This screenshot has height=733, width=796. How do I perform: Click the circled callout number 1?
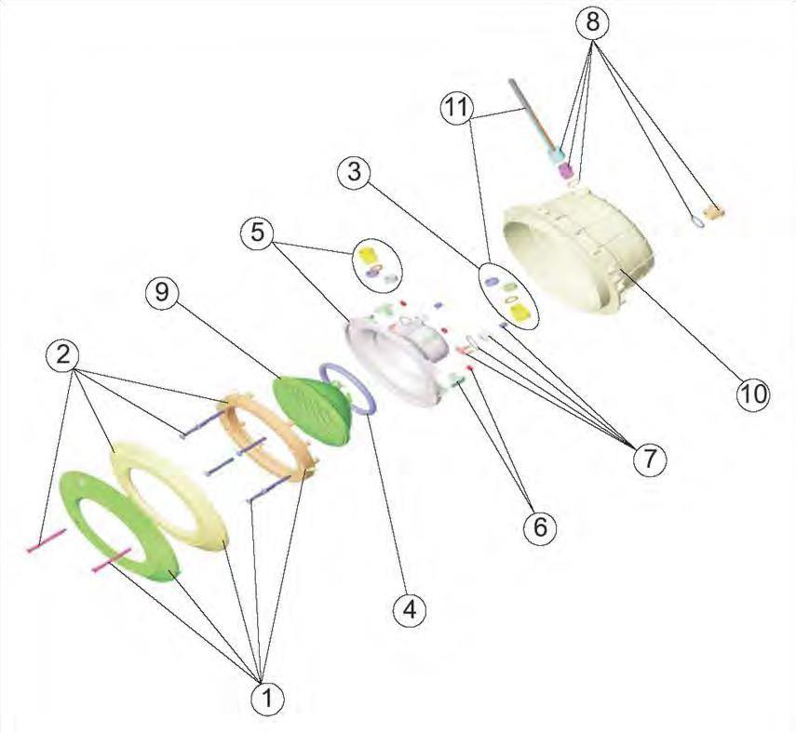(x=267, y=700)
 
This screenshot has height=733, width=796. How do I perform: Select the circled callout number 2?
(x=62, y=355)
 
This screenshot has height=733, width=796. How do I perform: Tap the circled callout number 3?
(x=355, y=171)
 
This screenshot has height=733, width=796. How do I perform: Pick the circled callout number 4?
(x=410, y=609)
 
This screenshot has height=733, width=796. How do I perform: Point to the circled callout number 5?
(x=257, y=233)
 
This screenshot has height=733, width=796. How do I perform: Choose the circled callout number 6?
(x=540, y=527)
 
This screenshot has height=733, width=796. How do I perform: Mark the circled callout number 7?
(x=649, y=460)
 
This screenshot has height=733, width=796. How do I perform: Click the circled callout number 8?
(x=593, y=22)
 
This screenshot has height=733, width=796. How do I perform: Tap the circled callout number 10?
(x=753, y=393)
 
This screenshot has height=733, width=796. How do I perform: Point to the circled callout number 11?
(x=456, y=108)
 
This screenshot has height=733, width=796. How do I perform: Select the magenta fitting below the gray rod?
(x=565, y=171)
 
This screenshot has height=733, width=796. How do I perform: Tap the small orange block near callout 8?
(x=716, y=212)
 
